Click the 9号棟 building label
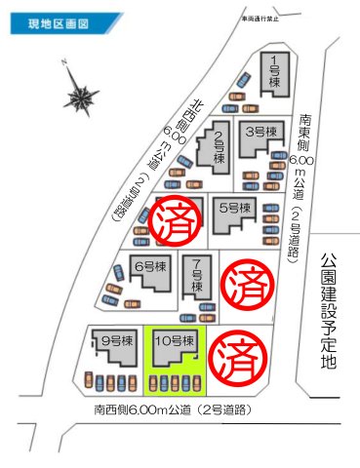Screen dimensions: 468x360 [114, 340]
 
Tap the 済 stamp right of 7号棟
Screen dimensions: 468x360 [240, 285]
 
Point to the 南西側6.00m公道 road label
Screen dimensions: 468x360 [173, 410]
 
